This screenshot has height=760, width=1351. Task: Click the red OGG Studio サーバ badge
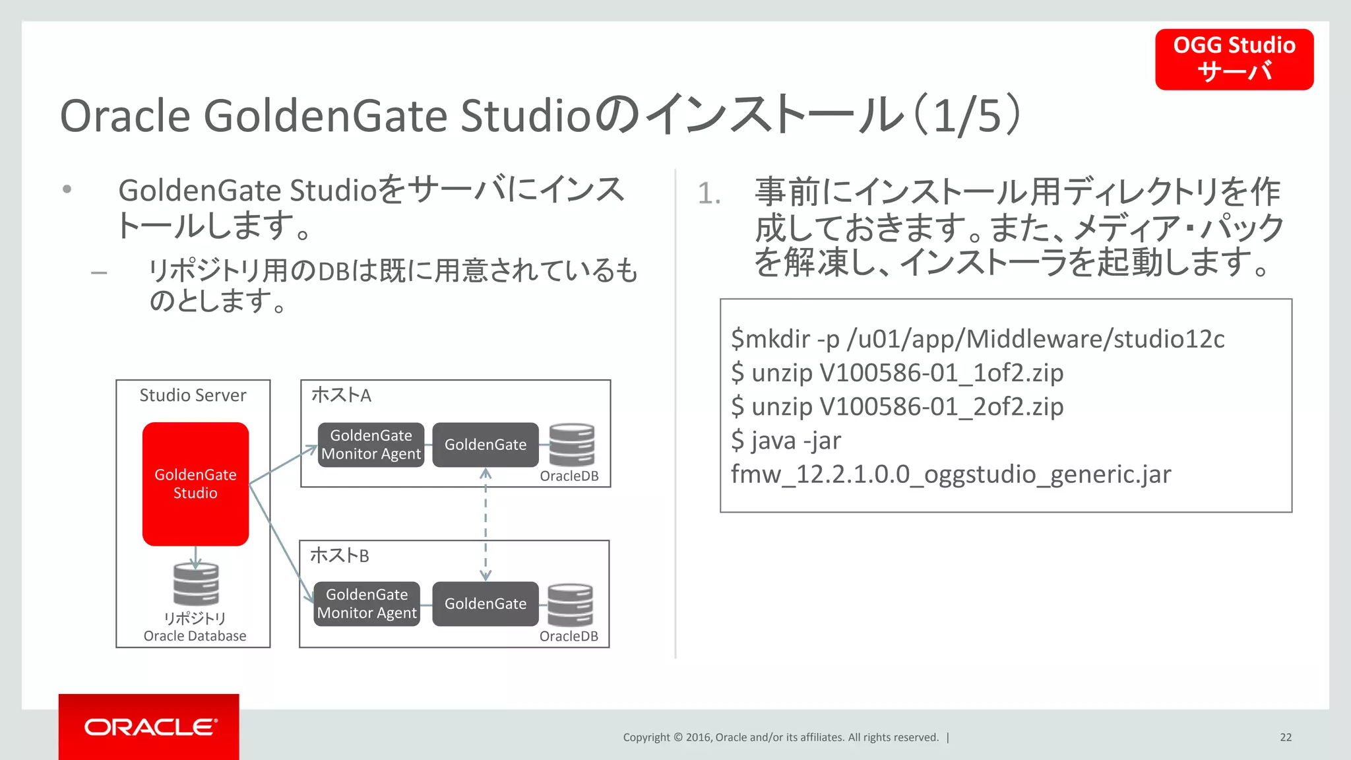(x=1234, y=59)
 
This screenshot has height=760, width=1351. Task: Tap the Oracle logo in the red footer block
(x=150, y=727)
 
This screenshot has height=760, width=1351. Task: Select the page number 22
(x=1286, y=738)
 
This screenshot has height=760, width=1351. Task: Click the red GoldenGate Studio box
(x=195, y=484)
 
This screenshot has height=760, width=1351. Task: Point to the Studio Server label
(x=193, y=395)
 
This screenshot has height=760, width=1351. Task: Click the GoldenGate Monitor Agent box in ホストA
(x=371, y=445)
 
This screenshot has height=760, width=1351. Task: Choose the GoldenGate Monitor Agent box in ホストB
(x=367, y=604)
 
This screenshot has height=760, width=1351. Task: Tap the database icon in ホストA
(x=571, y=445)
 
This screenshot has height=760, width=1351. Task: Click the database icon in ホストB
(x=570, y=604)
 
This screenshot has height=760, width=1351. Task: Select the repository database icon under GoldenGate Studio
(x=196, y=584)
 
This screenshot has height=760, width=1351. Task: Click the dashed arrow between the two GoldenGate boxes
(x=486, y=524)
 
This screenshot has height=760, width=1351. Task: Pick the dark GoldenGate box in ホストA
(x=486, y=445)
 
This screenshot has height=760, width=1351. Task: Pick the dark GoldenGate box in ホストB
(x=486, y=604)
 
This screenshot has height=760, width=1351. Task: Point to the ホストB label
(x=340, y=555)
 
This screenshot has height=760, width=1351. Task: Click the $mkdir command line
(x=978, y=339)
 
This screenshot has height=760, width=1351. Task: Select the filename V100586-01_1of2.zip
(x=941, y=373)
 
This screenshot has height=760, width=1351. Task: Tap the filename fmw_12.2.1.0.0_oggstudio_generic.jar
(x=951, y=474)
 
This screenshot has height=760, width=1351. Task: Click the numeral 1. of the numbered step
(x=709, y=193)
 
